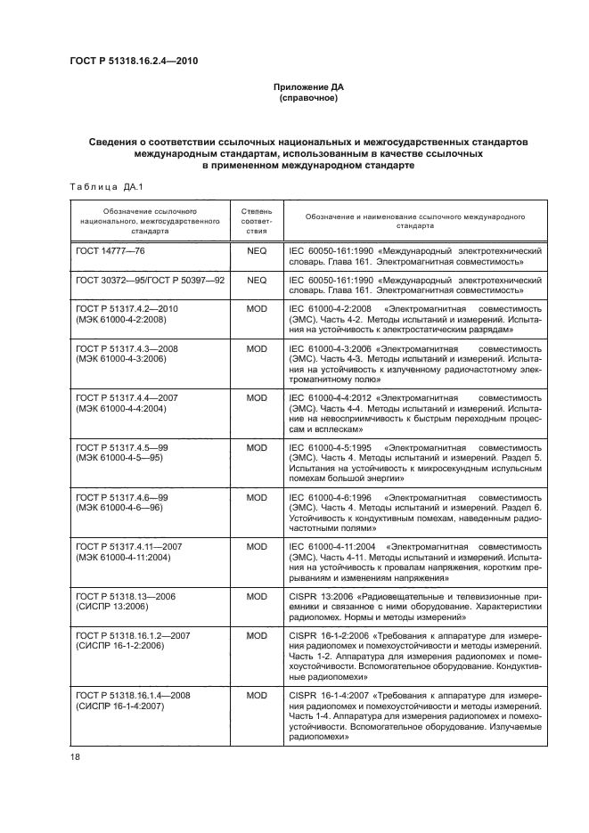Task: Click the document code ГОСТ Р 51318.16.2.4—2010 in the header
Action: click(133, 61)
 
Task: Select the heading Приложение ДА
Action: click(307, 87)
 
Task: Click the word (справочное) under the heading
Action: click(307, 98)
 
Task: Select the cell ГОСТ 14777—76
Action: click(111, 252)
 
